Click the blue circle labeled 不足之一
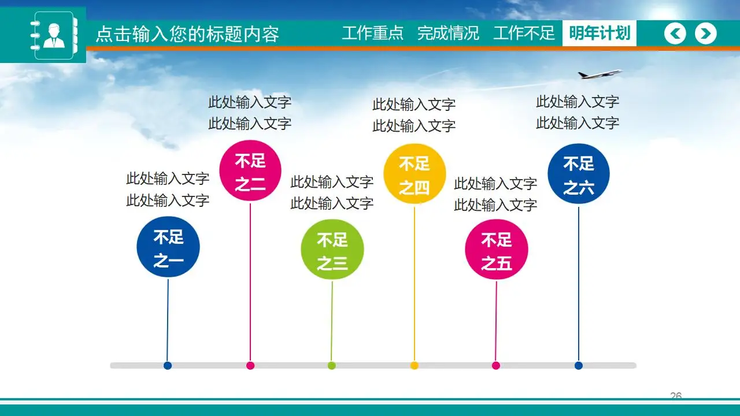(x=168, y=247)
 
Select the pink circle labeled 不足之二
(x=250, y=171)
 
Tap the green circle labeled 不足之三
(x=332, y=250)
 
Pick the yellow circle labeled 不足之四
(x=415, y=174)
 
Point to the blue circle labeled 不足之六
(x=579, y=174)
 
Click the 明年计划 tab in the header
(x=600, y=34)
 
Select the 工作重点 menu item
(x=372, y=34)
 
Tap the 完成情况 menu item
(x=448, y=34)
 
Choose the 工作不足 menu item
(x=524, y=34)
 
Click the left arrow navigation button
(x=675, y=34)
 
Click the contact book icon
(x=54, y=35)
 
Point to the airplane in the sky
(x=600, y=75)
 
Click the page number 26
(x=676, y=396)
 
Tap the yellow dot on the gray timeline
(x=415, y=365)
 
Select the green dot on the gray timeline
(x=332, y=365)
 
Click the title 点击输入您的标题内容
(x=187, y=34)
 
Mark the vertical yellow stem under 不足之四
(x=415, y=283)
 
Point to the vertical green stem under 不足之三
(x=332, y=321)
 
